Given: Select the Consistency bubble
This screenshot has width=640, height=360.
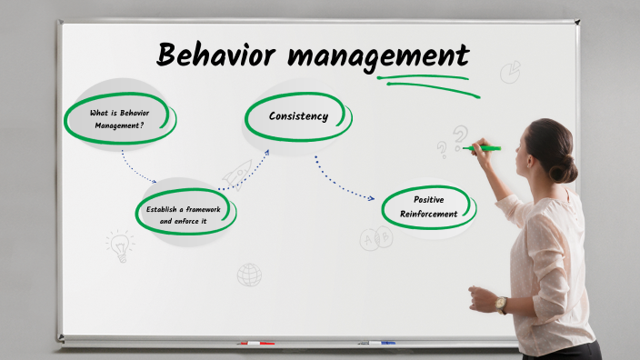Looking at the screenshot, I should tap(297, 116).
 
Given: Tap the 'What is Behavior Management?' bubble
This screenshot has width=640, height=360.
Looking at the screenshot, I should tap(118, 119).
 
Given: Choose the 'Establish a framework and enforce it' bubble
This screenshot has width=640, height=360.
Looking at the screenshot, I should tap(184, 215).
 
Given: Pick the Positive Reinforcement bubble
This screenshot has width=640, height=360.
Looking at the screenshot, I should tap(427, 206).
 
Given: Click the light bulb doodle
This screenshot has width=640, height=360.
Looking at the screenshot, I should tap(118, 244).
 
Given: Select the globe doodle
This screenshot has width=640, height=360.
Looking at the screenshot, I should tap(249, 275).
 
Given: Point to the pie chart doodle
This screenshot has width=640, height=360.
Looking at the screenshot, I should tap(510, 71).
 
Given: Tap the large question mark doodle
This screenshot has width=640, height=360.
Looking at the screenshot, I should tap(460, 136).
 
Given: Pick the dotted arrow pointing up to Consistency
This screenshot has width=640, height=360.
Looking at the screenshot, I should tap(248, 175).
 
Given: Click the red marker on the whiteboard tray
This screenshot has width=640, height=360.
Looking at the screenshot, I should tap(256, 343).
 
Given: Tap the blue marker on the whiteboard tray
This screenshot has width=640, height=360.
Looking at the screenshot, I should tap(377, 343).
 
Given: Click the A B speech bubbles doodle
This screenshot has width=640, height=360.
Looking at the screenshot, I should tap(375, 239).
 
